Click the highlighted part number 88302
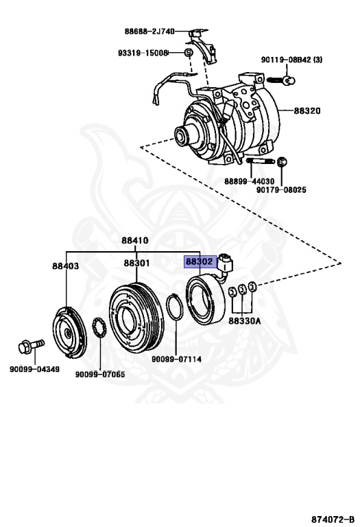pyautogui.click(x=199, y=261)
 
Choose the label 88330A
pyautogui.click(x=243, y=319)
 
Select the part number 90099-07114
pyautogui.click(x=176, y=358)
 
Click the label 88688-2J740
pyautogui.click(x=149, y=31)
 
